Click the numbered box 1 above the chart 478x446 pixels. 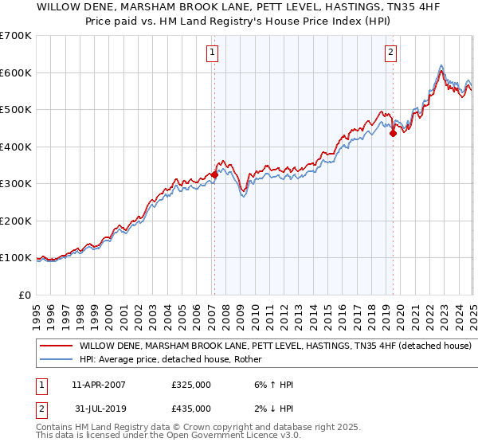click(214, 53)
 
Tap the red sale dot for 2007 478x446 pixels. click(214, 174)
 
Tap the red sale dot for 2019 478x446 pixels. click(393, 134)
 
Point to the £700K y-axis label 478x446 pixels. click(16, 36)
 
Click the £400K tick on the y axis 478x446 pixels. click(16, 147)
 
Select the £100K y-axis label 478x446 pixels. click(16, 257)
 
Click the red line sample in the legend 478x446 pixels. click(55, 346)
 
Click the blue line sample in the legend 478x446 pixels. click(55, 359)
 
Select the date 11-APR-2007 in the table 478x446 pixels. click(98, 385)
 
